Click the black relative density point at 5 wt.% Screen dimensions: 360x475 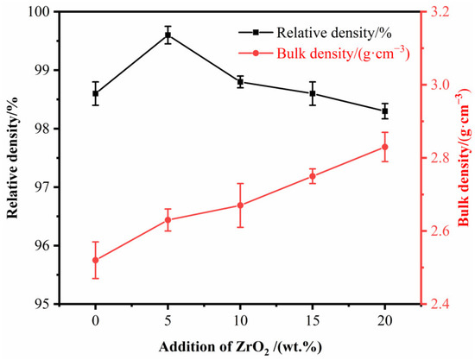[x=168, y=35]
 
